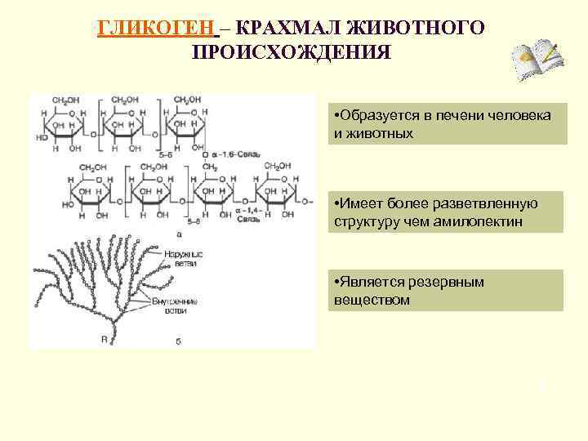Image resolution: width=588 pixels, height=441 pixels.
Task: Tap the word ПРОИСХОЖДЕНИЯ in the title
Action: (x=292, y=52)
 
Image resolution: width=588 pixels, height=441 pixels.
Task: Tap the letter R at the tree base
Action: (x=104, y=338)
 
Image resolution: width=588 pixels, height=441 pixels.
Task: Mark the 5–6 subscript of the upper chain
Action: (x=167, y=153)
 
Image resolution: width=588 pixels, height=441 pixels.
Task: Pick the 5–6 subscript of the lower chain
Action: (x=194, y=220)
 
